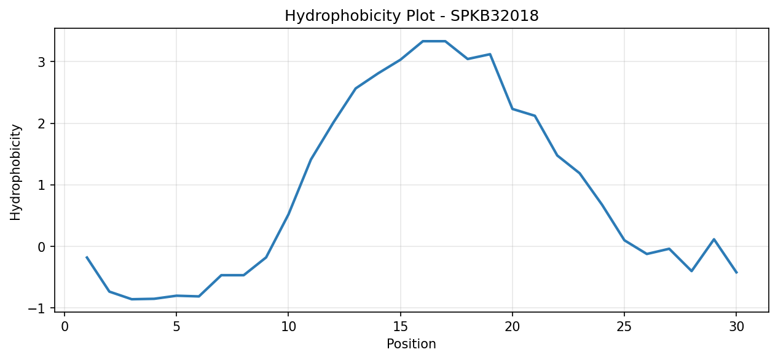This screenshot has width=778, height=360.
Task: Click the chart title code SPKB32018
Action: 494,16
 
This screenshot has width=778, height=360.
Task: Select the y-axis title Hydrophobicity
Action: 15,172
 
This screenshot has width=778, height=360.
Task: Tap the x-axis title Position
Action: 411,344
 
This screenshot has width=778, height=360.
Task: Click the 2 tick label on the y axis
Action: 42,124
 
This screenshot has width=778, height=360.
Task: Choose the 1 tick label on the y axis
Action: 42,186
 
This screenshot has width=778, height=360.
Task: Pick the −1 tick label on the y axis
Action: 36,309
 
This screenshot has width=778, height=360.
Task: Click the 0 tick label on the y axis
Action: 42,248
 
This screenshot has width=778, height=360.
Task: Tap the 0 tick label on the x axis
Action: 65,327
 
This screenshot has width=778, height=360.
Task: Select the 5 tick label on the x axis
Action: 176,327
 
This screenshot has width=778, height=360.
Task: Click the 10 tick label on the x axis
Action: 288,327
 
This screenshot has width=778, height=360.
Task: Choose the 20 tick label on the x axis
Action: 513,327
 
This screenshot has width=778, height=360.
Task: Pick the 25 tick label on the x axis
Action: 624,327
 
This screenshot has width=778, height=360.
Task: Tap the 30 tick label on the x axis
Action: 736,327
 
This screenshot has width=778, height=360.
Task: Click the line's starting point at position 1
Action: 87,257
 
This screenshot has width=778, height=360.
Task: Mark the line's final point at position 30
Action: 736,273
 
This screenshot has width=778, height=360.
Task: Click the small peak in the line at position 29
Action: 713,239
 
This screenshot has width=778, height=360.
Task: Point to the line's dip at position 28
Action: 691,271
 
